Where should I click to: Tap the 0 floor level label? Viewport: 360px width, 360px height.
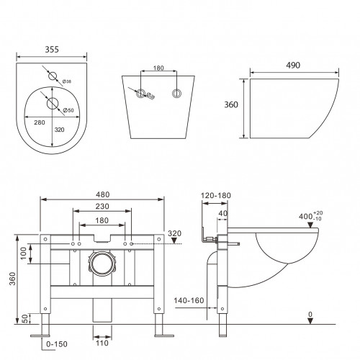[x=309, y=315]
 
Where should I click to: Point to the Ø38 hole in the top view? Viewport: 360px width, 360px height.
[x=52, y=76]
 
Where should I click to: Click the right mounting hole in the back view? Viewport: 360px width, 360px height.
[x=176, y=93]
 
